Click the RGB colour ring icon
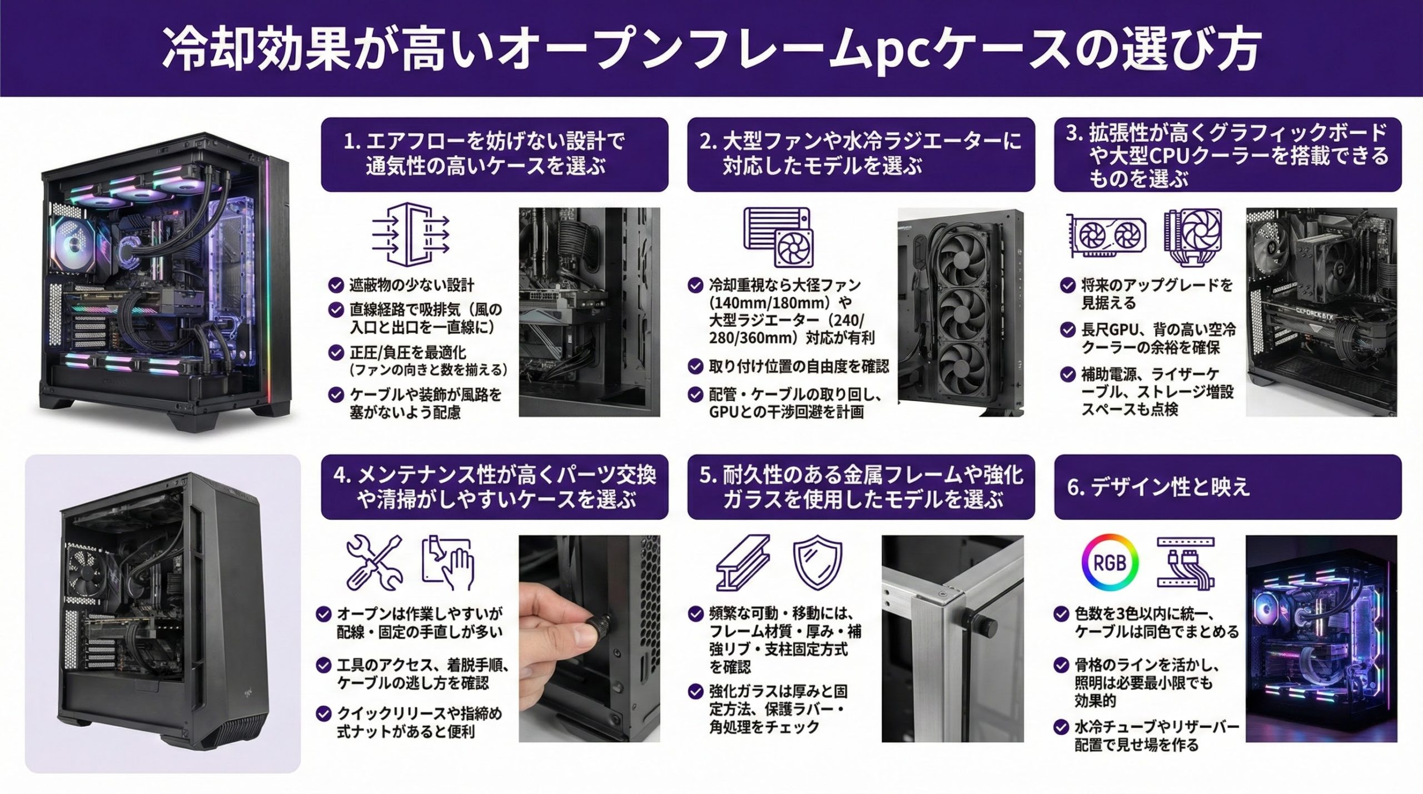(1109, 562)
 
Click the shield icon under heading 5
(817, 563)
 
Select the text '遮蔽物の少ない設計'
(412, 285)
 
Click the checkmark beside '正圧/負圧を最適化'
(336, 352)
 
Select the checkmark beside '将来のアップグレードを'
(1067, 286)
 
